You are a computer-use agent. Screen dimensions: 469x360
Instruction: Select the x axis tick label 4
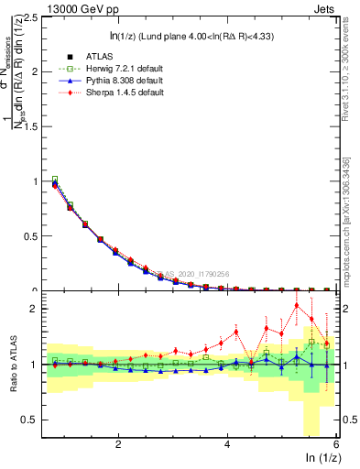[x=227, y=444]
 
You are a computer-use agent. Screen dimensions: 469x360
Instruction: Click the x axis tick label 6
[x=335, y=444]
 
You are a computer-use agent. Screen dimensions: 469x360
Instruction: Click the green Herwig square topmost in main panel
[x=55, y=180]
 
